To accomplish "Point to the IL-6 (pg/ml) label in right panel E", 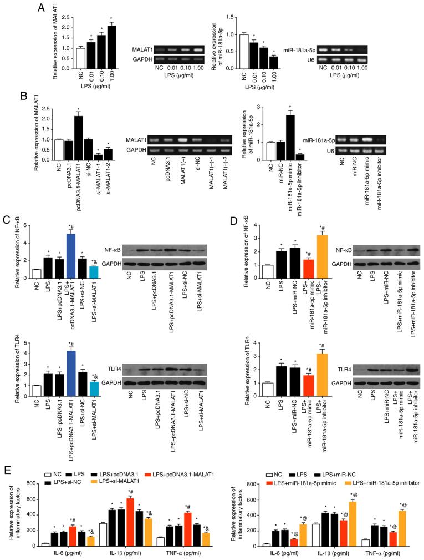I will pyautogui.click(x=269, y=555).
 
